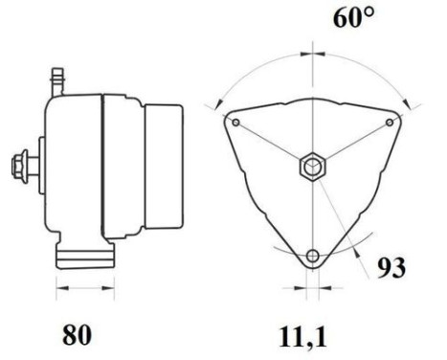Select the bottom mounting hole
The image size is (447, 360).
click(x=313, y=256)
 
